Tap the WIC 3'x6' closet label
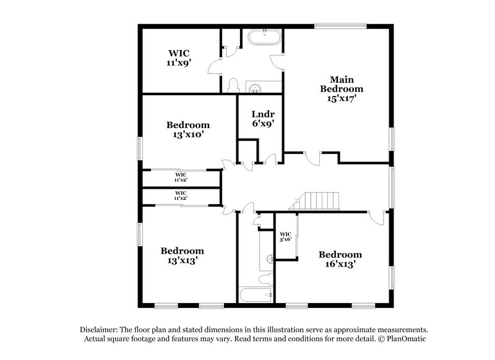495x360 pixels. pos(285,236)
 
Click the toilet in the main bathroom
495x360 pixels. pos(233,84)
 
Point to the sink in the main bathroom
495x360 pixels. pos(254,87)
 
